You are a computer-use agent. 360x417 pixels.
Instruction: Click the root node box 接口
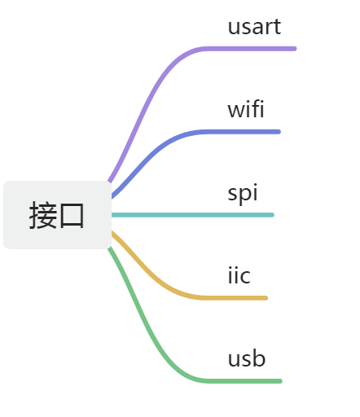coord(57,215)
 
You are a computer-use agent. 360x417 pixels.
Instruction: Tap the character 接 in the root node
coord(43,215)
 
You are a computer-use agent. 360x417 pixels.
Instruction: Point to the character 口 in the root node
coord(72,216)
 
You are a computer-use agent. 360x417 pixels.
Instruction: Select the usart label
coord(254,27)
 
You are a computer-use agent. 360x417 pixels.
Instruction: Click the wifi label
coord(246,109)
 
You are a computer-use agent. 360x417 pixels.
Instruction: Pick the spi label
coord(243,193)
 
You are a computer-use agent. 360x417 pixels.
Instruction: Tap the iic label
coord(239,275)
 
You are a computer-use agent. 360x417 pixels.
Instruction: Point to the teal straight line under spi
coord(193,215)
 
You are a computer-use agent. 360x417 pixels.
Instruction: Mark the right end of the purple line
coord(295,49)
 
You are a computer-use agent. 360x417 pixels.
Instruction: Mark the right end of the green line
coord(281,381)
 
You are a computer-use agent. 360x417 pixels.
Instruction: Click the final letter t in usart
coord(277,29)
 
